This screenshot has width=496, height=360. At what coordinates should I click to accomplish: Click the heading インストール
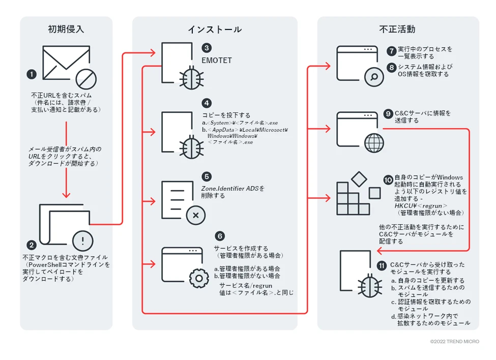pos(214,29)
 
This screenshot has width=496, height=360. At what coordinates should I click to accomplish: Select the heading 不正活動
pos(397,29)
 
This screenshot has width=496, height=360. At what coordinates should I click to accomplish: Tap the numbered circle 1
pos(32,74)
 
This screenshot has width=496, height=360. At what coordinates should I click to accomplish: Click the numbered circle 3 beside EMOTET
pos(207,48)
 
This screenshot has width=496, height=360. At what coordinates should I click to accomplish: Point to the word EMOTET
pos(217,61)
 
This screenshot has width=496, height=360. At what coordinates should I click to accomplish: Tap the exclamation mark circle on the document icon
pos(83,239)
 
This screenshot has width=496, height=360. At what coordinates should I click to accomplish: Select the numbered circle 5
pos(207,176)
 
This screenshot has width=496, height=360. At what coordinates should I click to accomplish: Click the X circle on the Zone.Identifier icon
pos(196,215)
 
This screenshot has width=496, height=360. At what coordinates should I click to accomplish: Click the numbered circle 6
pos(220,236)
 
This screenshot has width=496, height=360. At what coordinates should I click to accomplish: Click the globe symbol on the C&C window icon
pos(374,142)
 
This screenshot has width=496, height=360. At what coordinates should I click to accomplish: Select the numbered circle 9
pos(388,114)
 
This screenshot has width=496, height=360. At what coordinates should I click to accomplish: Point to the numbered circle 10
pos(388,179)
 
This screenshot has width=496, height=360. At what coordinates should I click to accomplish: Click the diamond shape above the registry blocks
pos(360,178)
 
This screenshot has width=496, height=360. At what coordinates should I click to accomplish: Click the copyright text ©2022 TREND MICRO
pos(454,342)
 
